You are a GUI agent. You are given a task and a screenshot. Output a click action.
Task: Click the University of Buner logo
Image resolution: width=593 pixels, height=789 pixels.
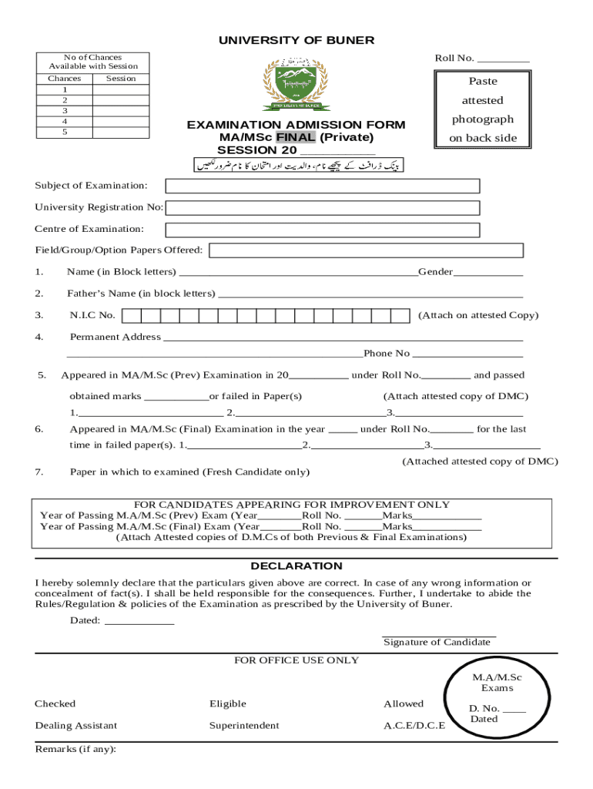pos(296,86)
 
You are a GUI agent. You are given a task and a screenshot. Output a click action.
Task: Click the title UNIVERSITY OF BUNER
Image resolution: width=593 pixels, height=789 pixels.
pos(296,40)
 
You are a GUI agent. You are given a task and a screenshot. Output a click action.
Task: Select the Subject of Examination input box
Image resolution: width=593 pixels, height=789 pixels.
pos(323,186)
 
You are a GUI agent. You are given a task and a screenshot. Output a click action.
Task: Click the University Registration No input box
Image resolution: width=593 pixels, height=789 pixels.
pos(323,207)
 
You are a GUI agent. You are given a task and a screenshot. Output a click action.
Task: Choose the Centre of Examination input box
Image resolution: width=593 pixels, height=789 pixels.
pos(323,230)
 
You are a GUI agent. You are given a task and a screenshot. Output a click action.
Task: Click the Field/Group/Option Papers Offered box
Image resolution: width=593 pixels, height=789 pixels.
pos(367,250)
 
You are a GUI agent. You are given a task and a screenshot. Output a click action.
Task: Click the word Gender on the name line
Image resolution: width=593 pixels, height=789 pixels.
pos(436,272)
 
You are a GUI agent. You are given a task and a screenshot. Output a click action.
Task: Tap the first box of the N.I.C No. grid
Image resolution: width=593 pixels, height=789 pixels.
pos(132,315)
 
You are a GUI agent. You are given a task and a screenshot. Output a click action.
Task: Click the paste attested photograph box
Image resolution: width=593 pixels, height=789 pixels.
pos(483,109)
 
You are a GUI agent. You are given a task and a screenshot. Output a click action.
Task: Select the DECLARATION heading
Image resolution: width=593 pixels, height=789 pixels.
pos(296,566)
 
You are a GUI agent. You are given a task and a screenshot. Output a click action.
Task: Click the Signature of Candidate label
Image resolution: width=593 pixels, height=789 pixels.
pos(437,642)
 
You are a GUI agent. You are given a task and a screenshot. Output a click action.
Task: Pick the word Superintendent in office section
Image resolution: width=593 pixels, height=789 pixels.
pos(244,725)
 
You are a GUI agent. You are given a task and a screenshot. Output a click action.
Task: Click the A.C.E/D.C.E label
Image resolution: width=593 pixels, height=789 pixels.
pos(414,725)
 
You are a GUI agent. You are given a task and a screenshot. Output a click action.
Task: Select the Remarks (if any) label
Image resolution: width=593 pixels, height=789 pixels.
pos(75,748)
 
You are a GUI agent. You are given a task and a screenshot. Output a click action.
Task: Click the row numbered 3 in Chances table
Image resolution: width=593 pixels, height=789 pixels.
pos(65,111)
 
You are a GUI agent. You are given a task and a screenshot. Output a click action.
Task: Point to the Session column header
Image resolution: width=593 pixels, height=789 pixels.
pos(121,79)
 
